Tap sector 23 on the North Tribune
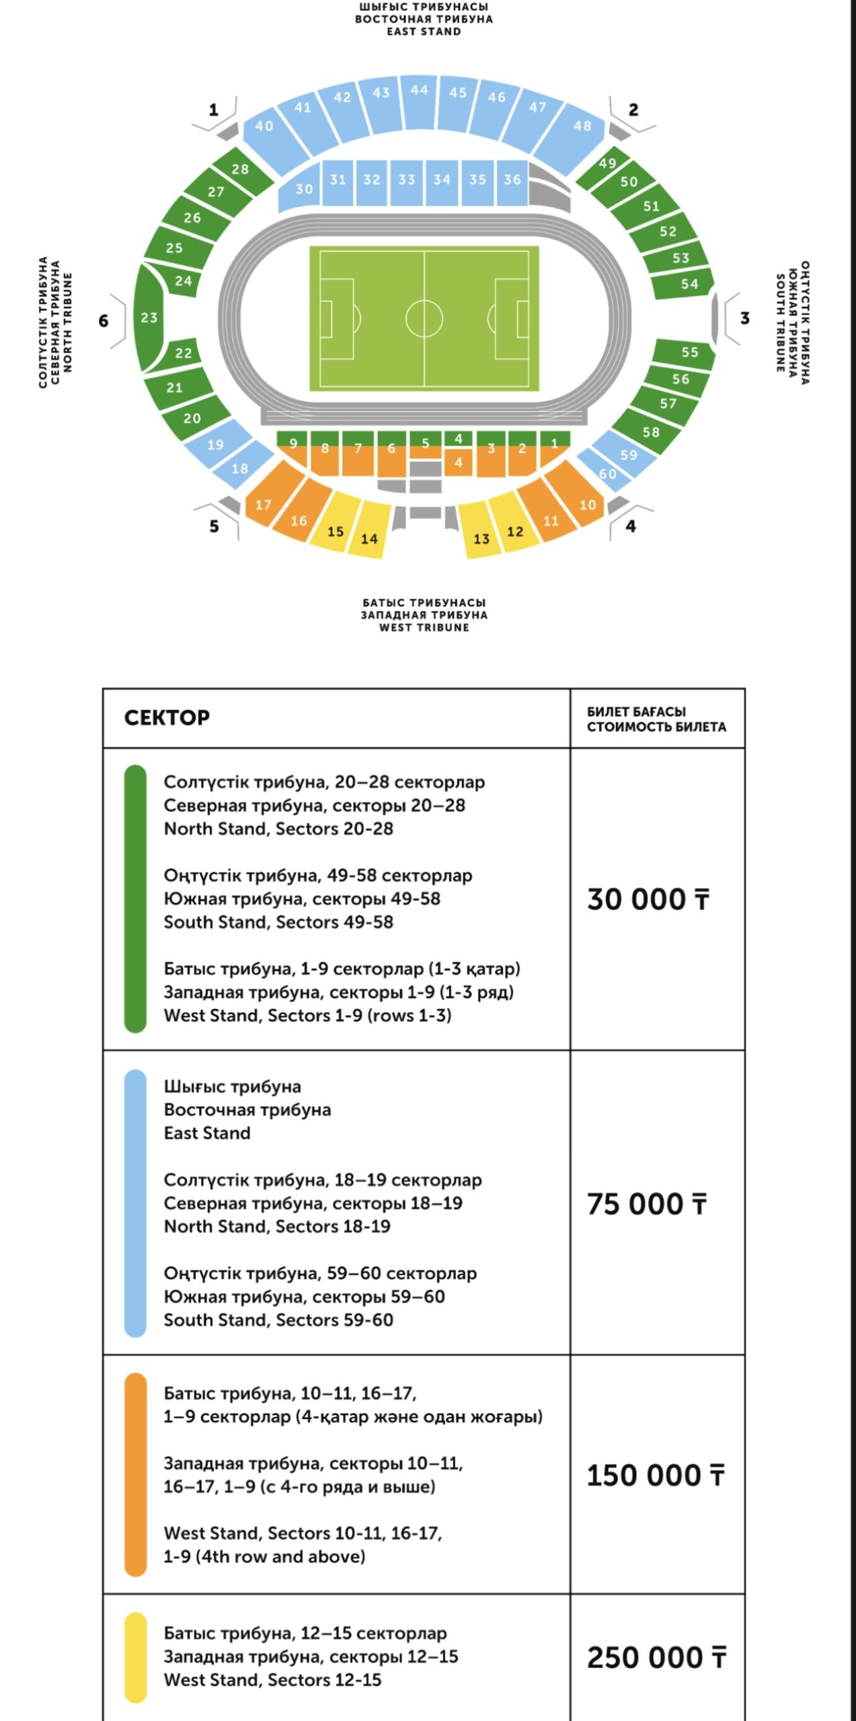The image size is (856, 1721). [x=149, y=317]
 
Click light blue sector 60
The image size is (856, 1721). [x=608, y=474]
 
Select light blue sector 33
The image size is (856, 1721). [x=406, y=179]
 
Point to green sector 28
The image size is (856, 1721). [x=240, y=169]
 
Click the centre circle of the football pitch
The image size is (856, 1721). [x=424, y=318]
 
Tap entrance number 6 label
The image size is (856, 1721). [x=104, y=321]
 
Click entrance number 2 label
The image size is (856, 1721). [x=633, y=110]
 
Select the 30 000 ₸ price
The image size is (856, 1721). [x=648, y=899]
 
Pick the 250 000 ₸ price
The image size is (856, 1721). [x=656, y=1657]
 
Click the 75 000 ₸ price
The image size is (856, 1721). [x=647, y=1204]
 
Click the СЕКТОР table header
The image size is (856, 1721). [x=167, y=717]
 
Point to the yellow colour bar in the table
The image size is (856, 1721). [x=136, y=1657]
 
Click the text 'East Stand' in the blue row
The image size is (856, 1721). [x=207, y=1133]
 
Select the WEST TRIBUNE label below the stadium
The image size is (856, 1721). [x=424, y=627]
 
